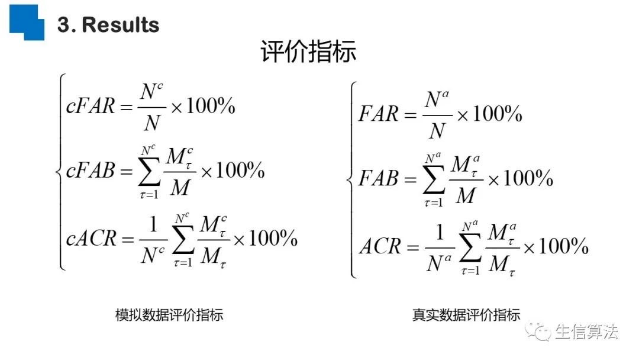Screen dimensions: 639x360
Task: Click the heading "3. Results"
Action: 108,25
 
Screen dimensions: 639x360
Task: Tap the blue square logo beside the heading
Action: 27,21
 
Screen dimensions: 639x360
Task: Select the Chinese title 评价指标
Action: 308,52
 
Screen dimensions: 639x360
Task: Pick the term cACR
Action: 92,239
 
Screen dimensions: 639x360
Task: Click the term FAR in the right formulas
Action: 379,114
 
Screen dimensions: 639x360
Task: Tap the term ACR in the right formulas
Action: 380,246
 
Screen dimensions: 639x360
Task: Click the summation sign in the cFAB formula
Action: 148,173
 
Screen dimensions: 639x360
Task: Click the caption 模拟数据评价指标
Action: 169,314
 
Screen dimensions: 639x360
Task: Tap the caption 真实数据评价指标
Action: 466,314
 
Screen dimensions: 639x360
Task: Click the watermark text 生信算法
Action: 586,332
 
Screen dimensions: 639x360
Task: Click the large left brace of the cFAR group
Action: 59,172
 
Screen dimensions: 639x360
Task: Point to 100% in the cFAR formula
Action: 211,107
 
